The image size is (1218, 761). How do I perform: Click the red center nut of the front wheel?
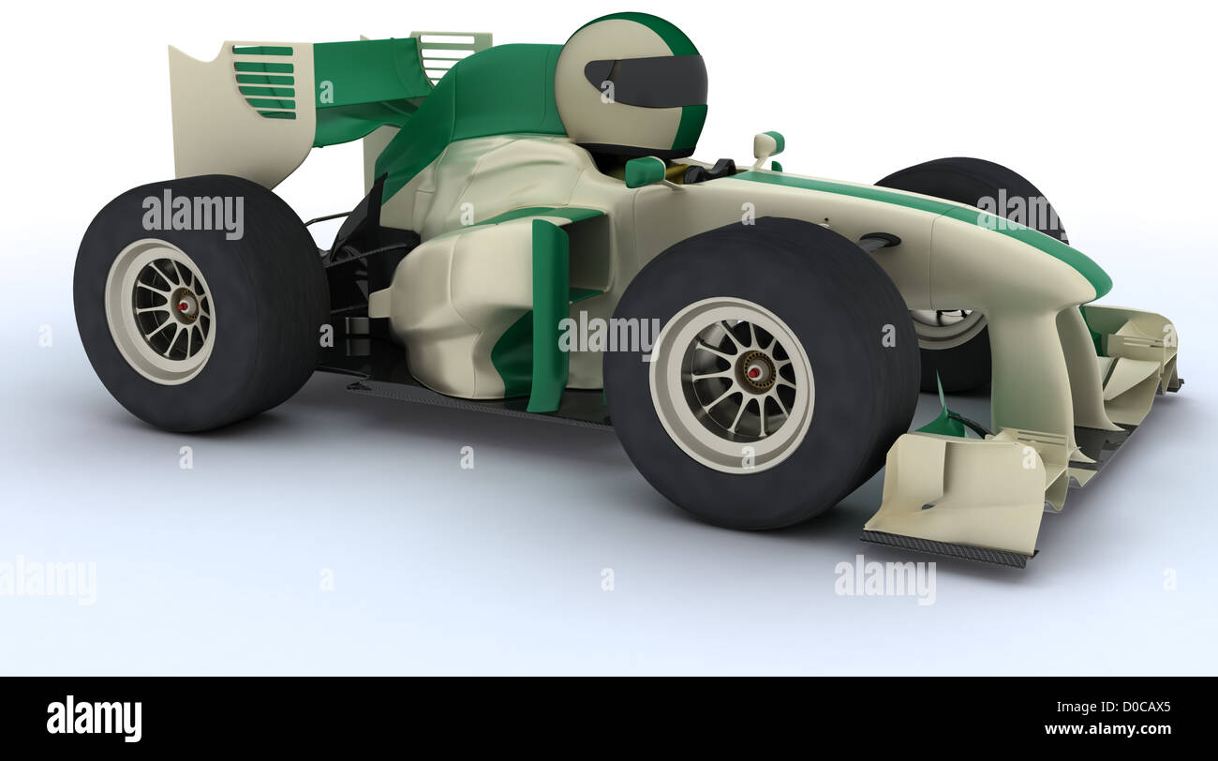[x=753, y=372]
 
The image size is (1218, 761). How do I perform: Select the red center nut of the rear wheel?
[x=182, y=305]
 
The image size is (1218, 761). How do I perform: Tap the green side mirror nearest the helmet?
[x=646, y=172]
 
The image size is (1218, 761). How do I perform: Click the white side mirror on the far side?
[x=767, y=144]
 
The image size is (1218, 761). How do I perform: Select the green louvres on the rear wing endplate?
[x=265, y=82]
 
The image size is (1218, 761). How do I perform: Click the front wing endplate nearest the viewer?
[x=965, y=497]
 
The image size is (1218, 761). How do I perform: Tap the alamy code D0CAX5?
[x=1133, y=709]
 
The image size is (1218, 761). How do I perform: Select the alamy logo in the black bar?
[x=94, y=719]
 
